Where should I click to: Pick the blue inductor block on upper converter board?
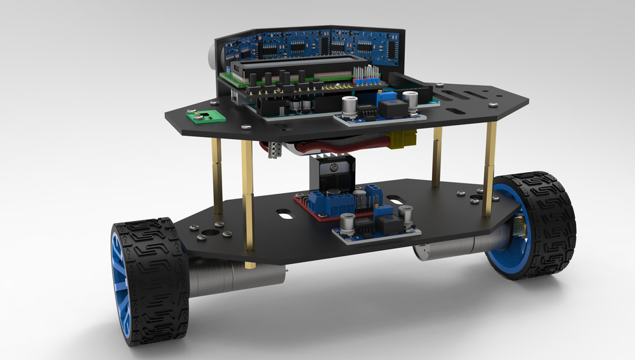pyautogui.click(x=394, y=109)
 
